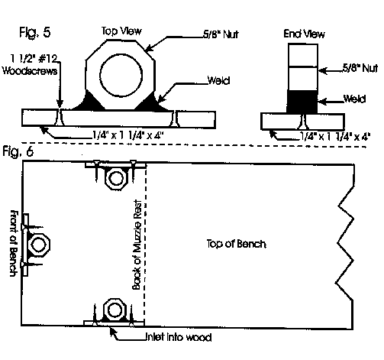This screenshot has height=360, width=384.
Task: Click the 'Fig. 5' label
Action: point(35,33)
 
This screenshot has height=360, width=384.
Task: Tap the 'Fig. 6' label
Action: point(18,152)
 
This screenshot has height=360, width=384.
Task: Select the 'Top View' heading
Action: point(121,31)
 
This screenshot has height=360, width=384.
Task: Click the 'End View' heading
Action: point(304,34)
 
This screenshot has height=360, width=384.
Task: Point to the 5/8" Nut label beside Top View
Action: point(221,34)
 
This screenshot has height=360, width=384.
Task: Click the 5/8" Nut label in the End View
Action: point(360,68)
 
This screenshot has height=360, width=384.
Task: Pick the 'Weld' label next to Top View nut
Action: point(218,80)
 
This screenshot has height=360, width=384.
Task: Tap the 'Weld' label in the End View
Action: point(354,99)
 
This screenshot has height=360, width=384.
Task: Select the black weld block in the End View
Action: point(302,102)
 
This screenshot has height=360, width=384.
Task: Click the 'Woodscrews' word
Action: point(30,70)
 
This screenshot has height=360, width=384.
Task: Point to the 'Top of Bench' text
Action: point(237,244)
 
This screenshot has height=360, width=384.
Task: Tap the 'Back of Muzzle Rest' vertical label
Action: point(137,245)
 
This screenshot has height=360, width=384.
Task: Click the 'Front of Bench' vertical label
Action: point(15,243)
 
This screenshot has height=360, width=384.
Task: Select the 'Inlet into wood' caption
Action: point(179,337)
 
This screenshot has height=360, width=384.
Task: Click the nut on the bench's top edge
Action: point(116,178)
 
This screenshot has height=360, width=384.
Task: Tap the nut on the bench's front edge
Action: point(39,245)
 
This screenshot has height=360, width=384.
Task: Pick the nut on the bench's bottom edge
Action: point(115,310)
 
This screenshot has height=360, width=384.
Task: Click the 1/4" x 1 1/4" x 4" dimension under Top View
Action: point(127,135)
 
